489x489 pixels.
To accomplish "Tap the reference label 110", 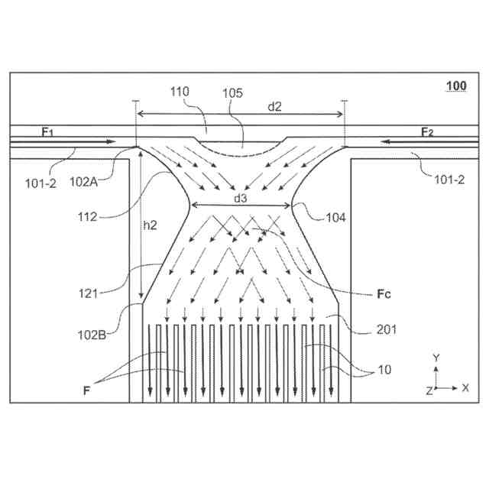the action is (180, 92).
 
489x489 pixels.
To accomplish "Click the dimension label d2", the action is (274, 106).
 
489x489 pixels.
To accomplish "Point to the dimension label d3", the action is (241, 198).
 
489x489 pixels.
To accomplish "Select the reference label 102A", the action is (84, 183).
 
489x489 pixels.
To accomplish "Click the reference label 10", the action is (387, 370).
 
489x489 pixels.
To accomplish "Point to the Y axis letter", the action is (436, 358).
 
